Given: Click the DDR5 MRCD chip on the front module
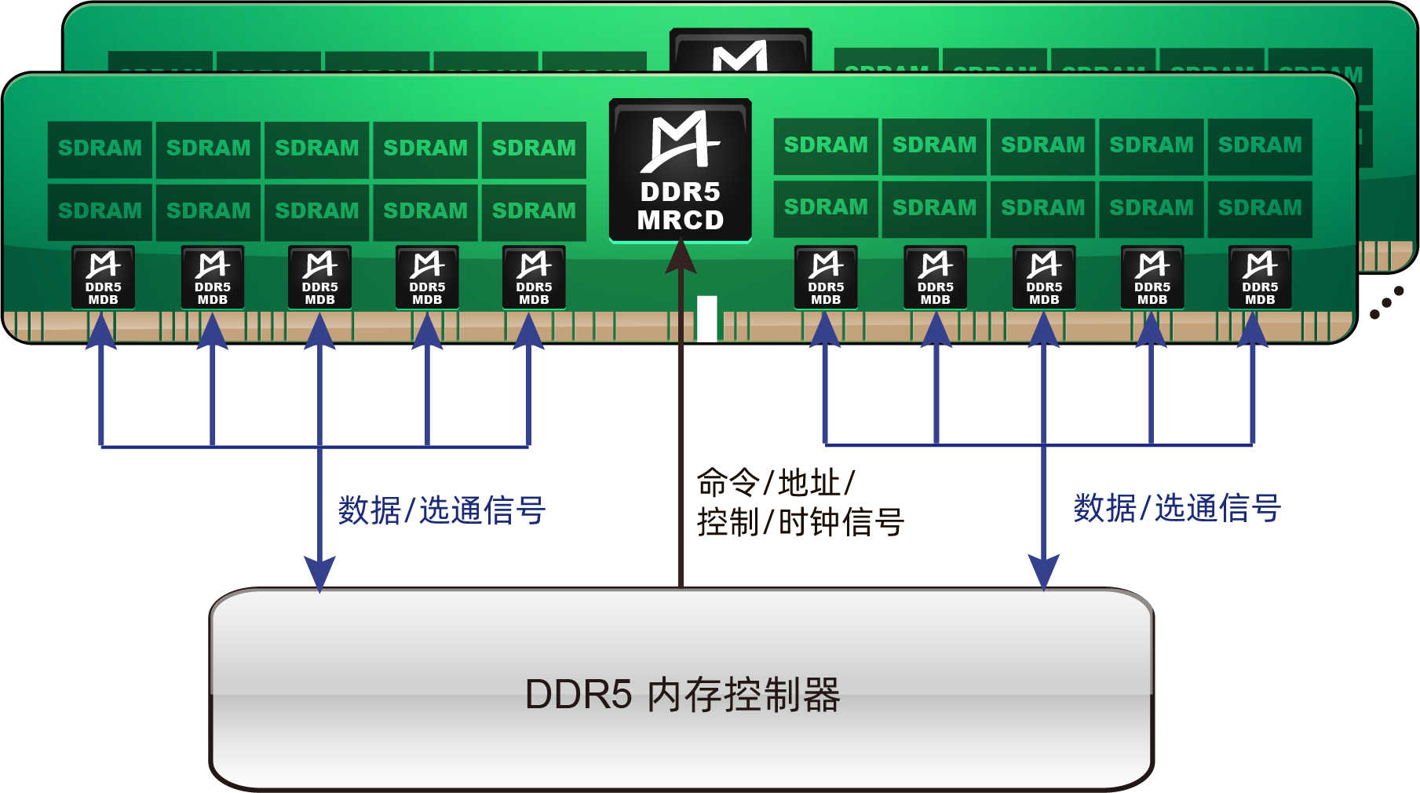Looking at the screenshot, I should [x=680, y=170].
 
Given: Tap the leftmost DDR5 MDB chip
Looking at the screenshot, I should [x=103, y=276].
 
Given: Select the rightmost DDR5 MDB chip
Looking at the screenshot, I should [x=1260, y=276].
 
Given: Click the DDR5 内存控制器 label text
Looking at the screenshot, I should [x=682, y=695].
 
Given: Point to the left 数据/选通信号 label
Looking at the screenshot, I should [x=441, y=510].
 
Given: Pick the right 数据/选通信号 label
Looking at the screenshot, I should [x=1177, y=508].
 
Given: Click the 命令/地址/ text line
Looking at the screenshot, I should [x=776, y=482].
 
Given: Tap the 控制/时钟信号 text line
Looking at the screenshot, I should [x=800, y=522].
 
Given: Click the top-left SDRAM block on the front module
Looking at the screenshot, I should [x=100, y=148].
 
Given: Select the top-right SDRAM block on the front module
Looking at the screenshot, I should [x=1260, y=145].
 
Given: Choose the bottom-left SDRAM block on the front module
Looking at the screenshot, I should [x=100, y=211].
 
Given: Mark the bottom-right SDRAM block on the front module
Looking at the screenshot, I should [x=1260, y=208].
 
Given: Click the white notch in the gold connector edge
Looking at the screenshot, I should [x=707, y=317].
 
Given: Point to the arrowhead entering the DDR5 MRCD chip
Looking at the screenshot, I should [x=681, y=257].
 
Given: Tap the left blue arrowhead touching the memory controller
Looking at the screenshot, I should [x=319, y=573].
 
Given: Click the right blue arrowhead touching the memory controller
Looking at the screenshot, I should [x=1044, y=572].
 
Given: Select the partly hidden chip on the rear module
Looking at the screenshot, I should [x=740, y=51].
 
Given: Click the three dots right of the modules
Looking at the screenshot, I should [x=1387, y=302].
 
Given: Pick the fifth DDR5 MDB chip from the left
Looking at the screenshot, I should [x=534, y=276].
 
